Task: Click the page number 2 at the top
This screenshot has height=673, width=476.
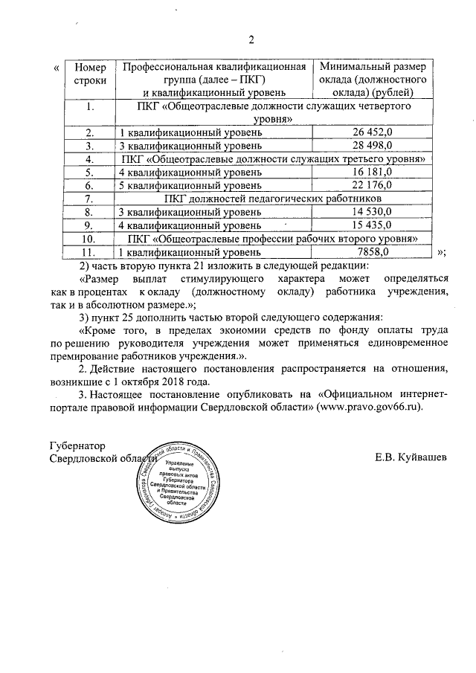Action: (251, 39)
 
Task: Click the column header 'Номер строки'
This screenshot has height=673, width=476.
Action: (90, 73)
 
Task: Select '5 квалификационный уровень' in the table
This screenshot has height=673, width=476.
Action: (190, 185)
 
